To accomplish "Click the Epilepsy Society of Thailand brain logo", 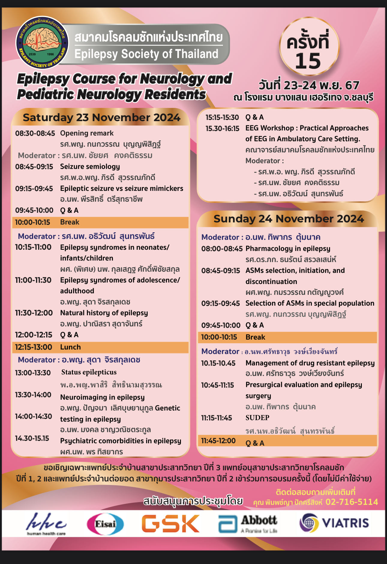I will pyautogui.click(x=42, y=42).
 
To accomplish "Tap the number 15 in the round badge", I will pyautogui.click(x=308, y=61).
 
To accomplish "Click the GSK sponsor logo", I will pyautogui.click(x=170, y=524).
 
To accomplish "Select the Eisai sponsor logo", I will pyautogui.click(x=105, y=524).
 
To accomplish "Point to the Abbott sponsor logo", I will pyautogui.click(x=248, y=524).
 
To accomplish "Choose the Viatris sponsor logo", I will pyautogui.click(x=334, y=523).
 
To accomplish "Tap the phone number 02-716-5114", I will pyautogui.click(x=351, y=502).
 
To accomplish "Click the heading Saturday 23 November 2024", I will pyautogui.click(x=101, y=117).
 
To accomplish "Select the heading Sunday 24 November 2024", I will pyautogui.click(x=288, y=219).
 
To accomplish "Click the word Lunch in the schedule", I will pyautogui.click(x=70, y=347).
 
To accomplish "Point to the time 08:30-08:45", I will pyautogui.click(x=35, y=133).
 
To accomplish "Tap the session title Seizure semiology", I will pyautogui.click(x=90, y=166).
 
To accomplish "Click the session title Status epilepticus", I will pyautogui.click(x=89, y=372).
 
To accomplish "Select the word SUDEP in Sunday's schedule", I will pyautogui.click(x=257, y=418).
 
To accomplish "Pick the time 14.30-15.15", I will pyautogui.click(x=32, y=438).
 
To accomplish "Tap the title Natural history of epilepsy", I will pyautogui.click(x=104, y=313).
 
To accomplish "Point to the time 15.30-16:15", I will pyautogui.click(x=222, y=129).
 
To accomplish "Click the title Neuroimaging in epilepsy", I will pyautogui.click(x=102, y=397).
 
